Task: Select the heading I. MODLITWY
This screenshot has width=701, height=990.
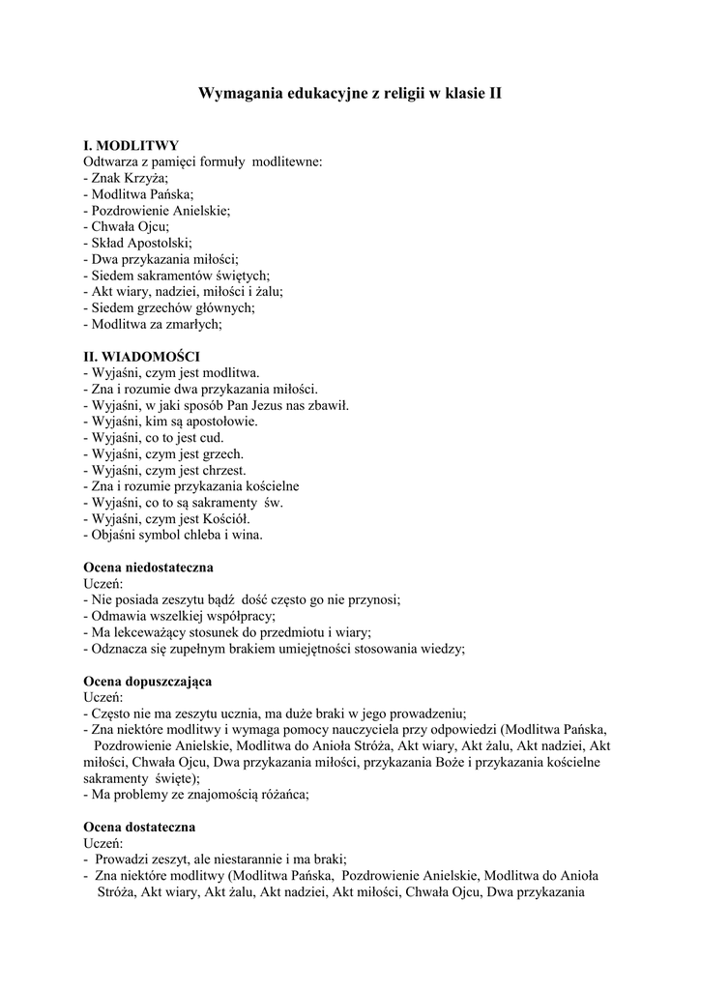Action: [x=131, y=145]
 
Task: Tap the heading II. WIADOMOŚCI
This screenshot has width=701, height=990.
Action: [x=142, y=357]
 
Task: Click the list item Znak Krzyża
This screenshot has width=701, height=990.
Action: [x=127, y=178]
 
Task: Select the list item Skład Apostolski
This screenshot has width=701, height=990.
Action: [x=139, y=243]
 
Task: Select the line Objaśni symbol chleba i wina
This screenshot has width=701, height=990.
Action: [x=173, y=535]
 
